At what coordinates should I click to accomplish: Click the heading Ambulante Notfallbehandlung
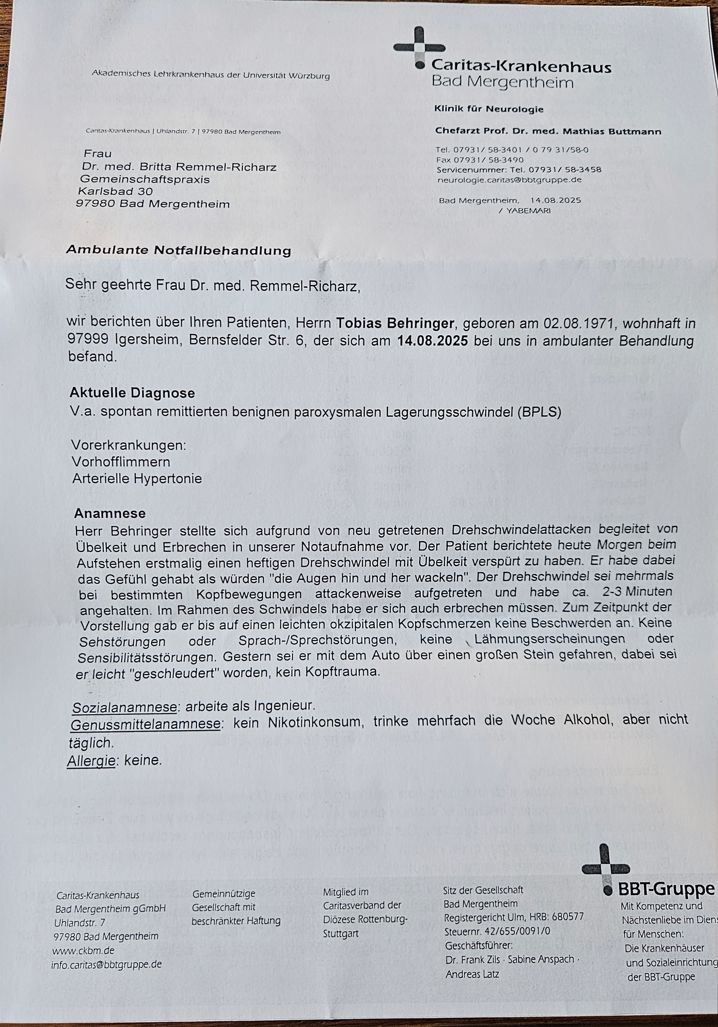pos(178,250)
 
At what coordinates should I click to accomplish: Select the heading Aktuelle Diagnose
pos(132,393)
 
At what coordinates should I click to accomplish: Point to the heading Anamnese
pos(110,513)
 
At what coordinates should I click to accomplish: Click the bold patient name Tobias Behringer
pos(395,323)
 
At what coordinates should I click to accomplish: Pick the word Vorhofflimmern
pos(121,462)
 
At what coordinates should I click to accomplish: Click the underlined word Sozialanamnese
pos(124,707)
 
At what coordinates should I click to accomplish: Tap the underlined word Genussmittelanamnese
pos(146,723)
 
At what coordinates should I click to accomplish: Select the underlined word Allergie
pos(91,760)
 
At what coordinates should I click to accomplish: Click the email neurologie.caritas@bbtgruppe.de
pos(509,180)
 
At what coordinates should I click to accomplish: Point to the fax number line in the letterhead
pos(479,160)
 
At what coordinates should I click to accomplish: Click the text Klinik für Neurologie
pos(489,109)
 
